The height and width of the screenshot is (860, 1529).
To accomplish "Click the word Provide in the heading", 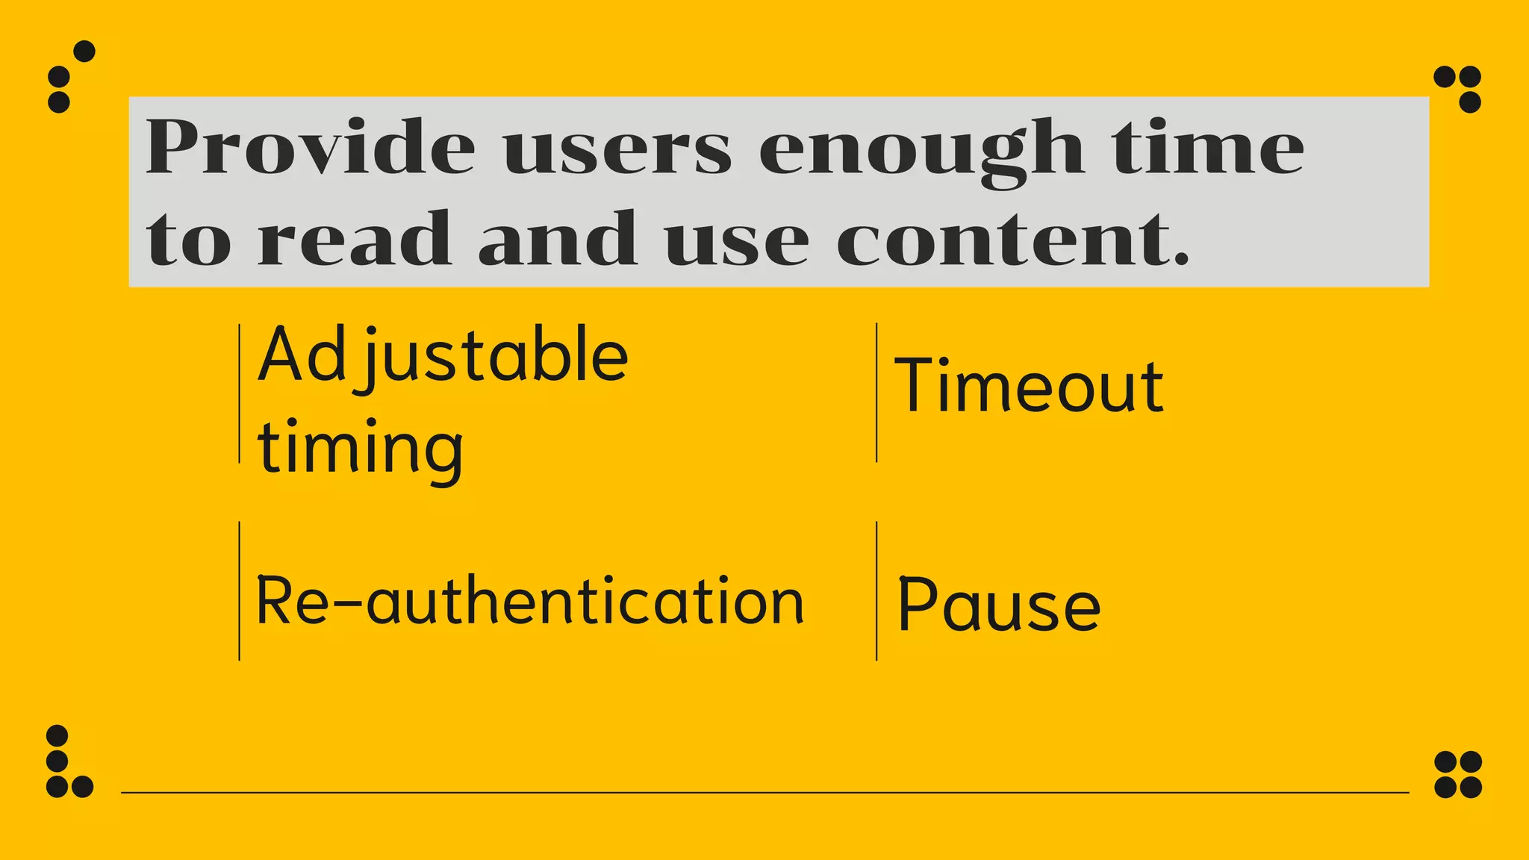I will pos(310,147).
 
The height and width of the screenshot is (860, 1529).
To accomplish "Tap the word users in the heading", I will pos(617,149).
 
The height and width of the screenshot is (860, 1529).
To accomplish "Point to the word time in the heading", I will pos(1207,147).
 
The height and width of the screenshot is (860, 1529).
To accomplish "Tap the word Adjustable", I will pos(443,356).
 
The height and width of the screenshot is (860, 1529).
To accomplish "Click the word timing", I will pos(360,448).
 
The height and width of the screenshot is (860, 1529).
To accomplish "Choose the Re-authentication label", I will pos(529,602).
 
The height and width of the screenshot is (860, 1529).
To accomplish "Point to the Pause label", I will pos(998,605).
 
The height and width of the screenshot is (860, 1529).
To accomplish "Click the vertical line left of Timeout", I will pos(876,393).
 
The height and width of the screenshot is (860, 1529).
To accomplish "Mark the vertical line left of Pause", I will pos(876,591).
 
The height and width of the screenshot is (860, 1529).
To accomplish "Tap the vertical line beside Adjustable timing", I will pos(240,393).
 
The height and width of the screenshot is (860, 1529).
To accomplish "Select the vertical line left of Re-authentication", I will pos(240,591).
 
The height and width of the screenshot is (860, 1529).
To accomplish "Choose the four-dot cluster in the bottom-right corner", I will pos(1458,774).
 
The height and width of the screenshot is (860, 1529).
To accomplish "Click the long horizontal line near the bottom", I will pos(764,793).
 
